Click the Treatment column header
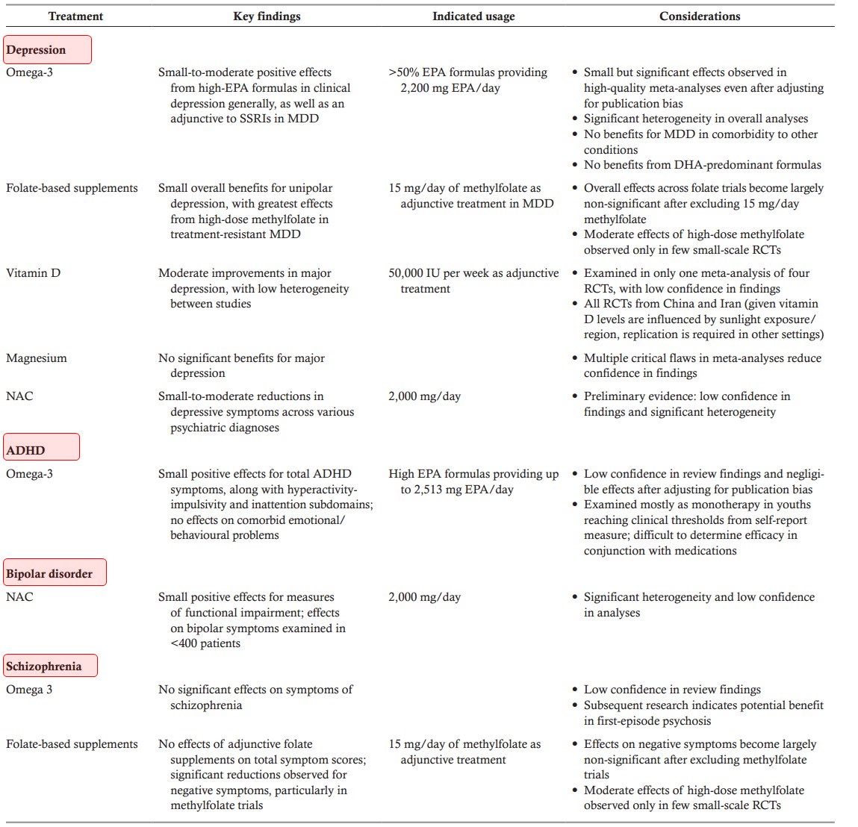tap(75, 16)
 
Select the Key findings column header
tap(267, 16)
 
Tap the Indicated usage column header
tap(473, 16)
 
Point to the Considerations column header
tap(700, 16)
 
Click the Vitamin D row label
tap(33, 273)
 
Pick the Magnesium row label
tap(37, 358)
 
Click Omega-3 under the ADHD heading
tap(29, 474)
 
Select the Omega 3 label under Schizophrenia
tap(29, 690)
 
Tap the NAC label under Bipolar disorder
tap(19, 597)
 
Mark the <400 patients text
tap(205, 643)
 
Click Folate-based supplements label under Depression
tap(72, 188)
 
